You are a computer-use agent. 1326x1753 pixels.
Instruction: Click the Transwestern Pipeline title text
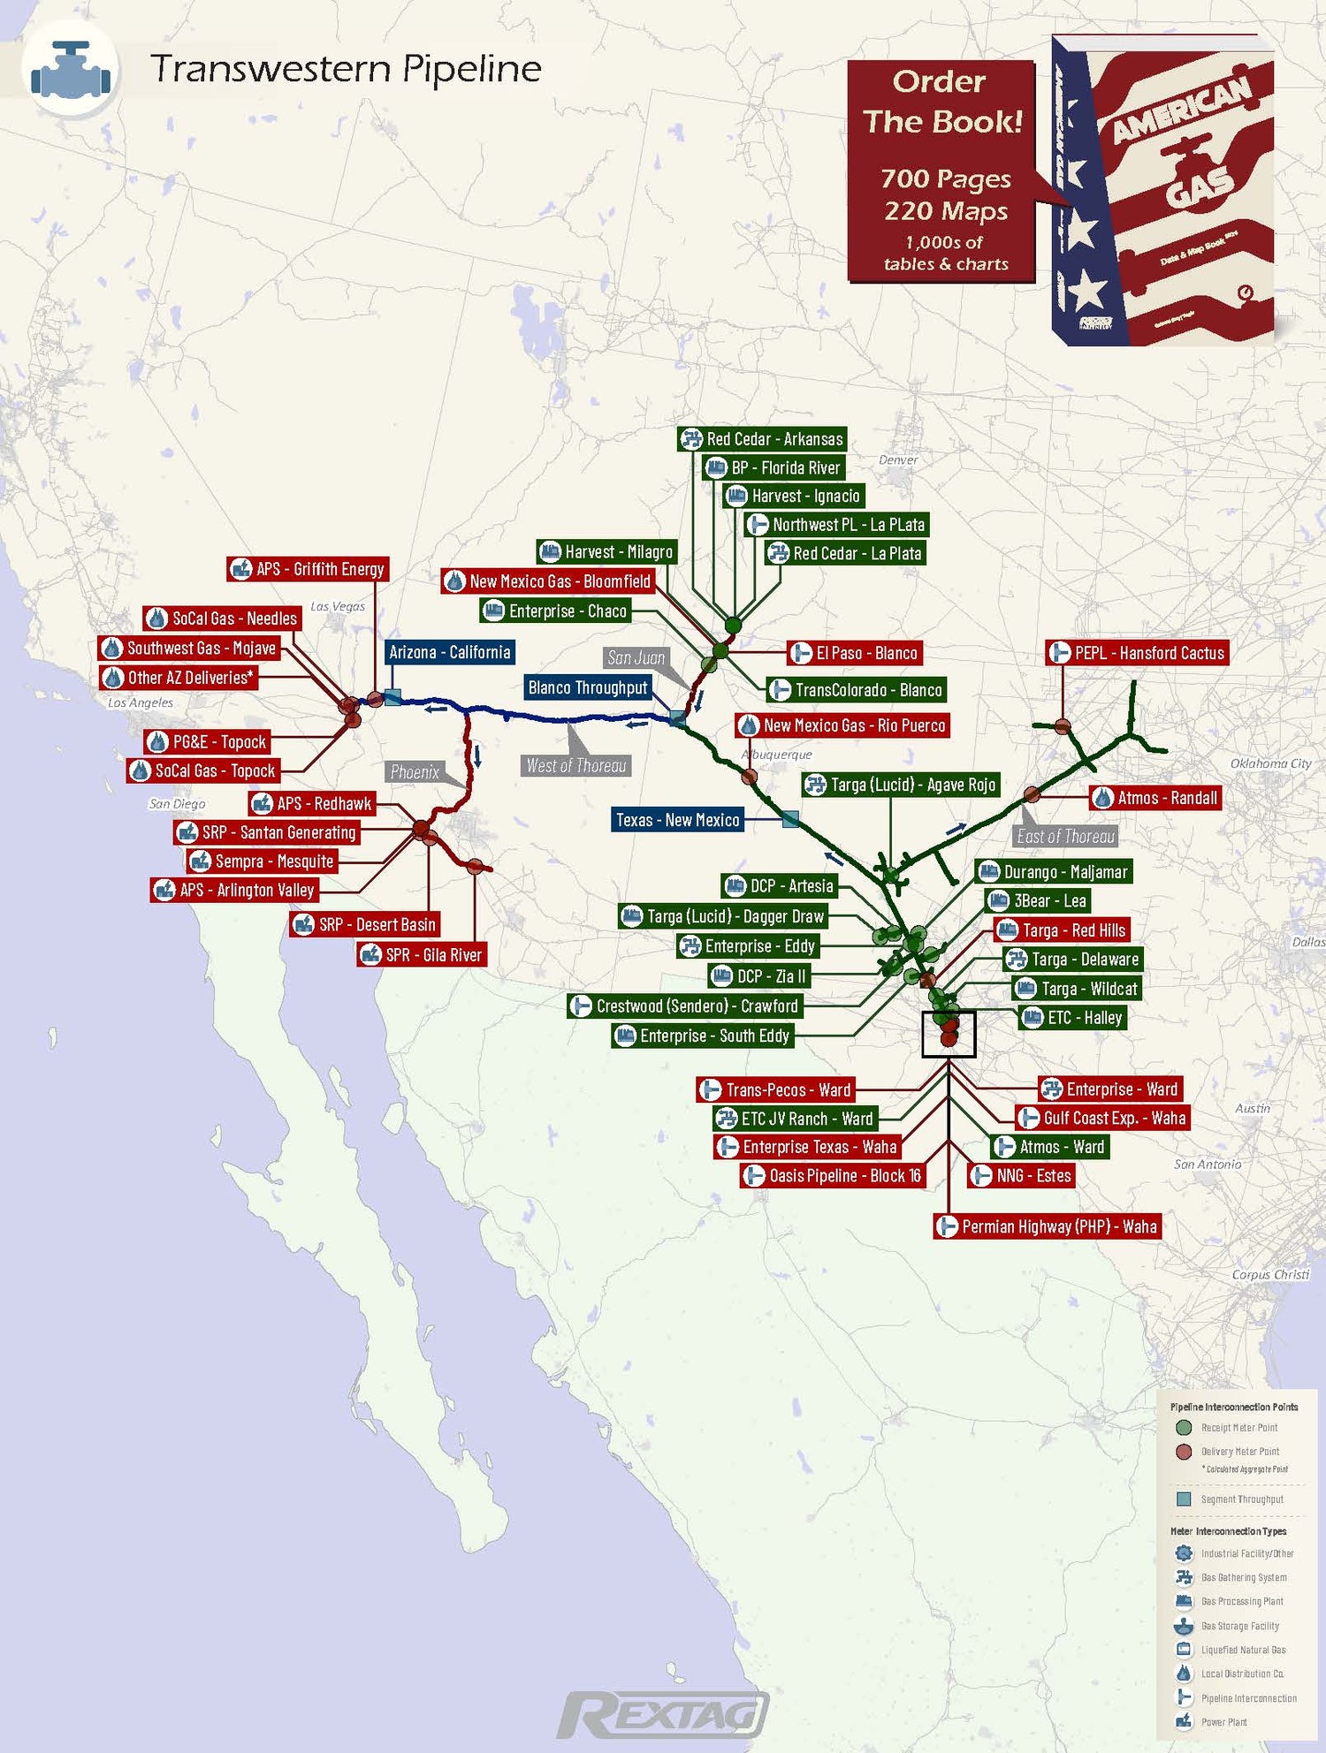pyautogui.click(x=346, y=69)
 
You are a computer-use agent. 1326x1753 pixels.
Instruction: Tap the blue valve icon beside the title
pyautogui.click(x=71, y=71)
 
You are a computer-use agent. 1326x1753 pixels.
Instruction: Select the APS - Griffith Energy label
pyautogui.click(x=309, y=569)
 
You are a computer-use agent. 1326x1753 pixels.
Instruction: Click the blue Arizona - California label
pyautogui.click(x=450, y=652)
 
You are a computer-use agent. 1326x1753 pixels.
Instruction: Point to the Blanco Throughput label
pyautogui.click(x=588, y=687)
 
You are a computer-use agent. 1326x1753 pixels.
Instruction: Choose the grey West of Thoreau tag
pyautogui.click(x=576, y=765)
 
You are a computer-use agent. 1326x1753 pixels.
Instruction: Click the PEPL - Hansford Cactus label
pyautogui.click(x=1138, y=653)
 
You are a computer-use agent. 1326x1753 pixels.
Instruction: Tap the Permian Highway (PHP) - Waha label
pyautogui.click(x=1048, y=1226)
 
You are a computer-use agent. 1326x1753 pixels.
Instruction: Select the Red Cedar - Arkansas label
pyautogui.click(x=762, y=439)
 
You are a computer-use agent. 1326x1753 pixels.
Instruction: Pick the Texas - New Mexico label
pyautogui.click(x=678, y=820)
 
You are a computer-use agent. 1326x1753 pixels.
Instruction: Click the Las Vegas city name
pyautogui.click(x=338, y=607)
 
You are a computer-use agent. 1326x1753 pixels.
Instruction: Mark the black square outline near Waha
pyautogui.click(x=949, y=1034)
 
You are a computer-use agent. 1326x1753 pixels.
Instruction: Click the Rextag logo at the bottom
pyautogui.click(x=663, y=1715)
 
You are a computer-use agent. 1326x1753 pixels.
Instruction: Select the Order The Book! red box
pyautogui.click(x=941, y=171)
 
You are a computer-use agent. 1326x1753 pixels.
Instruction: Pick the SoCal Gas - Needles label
pyautogui.click(x=222, y=618)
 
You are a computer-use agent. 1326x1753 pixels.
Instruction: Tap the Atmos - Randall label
pyautogui.click(x=1155, y=798)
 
